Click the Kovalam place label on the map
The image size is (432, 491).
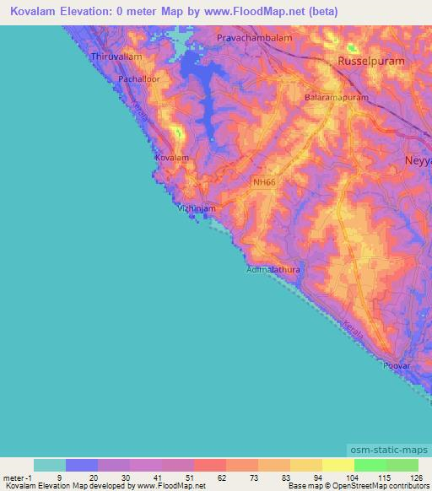coord(171,158)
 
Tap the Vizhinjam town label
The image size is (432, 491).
coord(198,208)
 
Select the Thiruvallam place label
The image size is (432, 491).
coord(114,57)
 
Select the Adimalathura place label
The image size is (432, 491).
coord(273,270)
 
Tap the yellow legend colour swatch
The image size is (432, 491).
coord(337,465)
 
